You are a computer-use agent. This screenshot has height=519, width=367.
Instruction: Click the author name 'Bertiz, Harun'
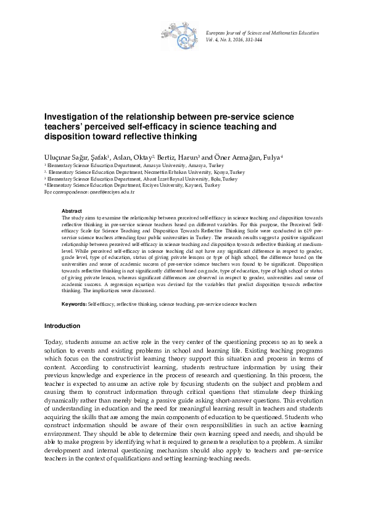177,157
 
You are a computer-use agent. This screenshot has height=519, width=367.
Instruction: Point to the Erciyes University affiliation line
133,185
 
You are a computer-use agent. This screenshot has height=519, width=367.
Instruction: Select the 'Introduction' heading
62,325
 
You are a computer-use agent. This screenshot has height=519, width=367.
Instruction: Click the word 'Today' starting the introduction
54,342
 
